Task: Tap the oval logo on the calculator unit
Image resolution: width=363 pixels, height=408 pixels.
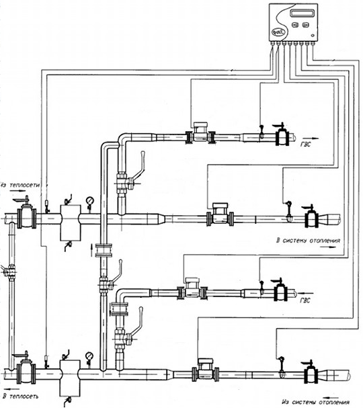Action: point(279,32)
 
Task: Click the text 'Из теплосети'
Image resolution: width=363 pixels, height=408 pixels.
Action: point(20,185)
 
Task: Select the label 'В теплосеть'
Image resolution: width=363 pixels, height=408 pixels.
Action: point(21,397)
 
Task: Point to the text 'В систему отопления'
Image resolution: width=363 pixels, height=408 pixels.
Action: point(308,241)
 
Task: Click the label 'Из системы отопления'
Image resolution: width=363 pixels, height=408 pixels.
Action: point(315,402)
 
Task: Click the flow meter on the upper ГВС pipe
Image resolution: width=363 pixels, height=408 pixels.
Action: point(200,133)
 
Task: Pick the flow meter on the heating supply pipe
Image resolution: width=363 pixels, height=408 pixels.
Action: point(220,214)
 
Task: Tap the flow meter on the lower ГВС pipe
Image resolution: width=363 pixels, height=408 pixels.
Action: point(192,289)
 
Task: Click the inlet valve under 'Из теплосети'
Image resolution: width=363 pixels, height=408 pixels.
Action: point(26,213)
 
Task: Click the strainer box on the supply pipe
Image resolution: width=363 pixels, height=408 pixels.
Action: point(71,222)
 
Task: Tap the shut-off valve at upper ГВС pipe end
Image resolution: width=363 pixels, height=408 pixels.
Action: point(282,135)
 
